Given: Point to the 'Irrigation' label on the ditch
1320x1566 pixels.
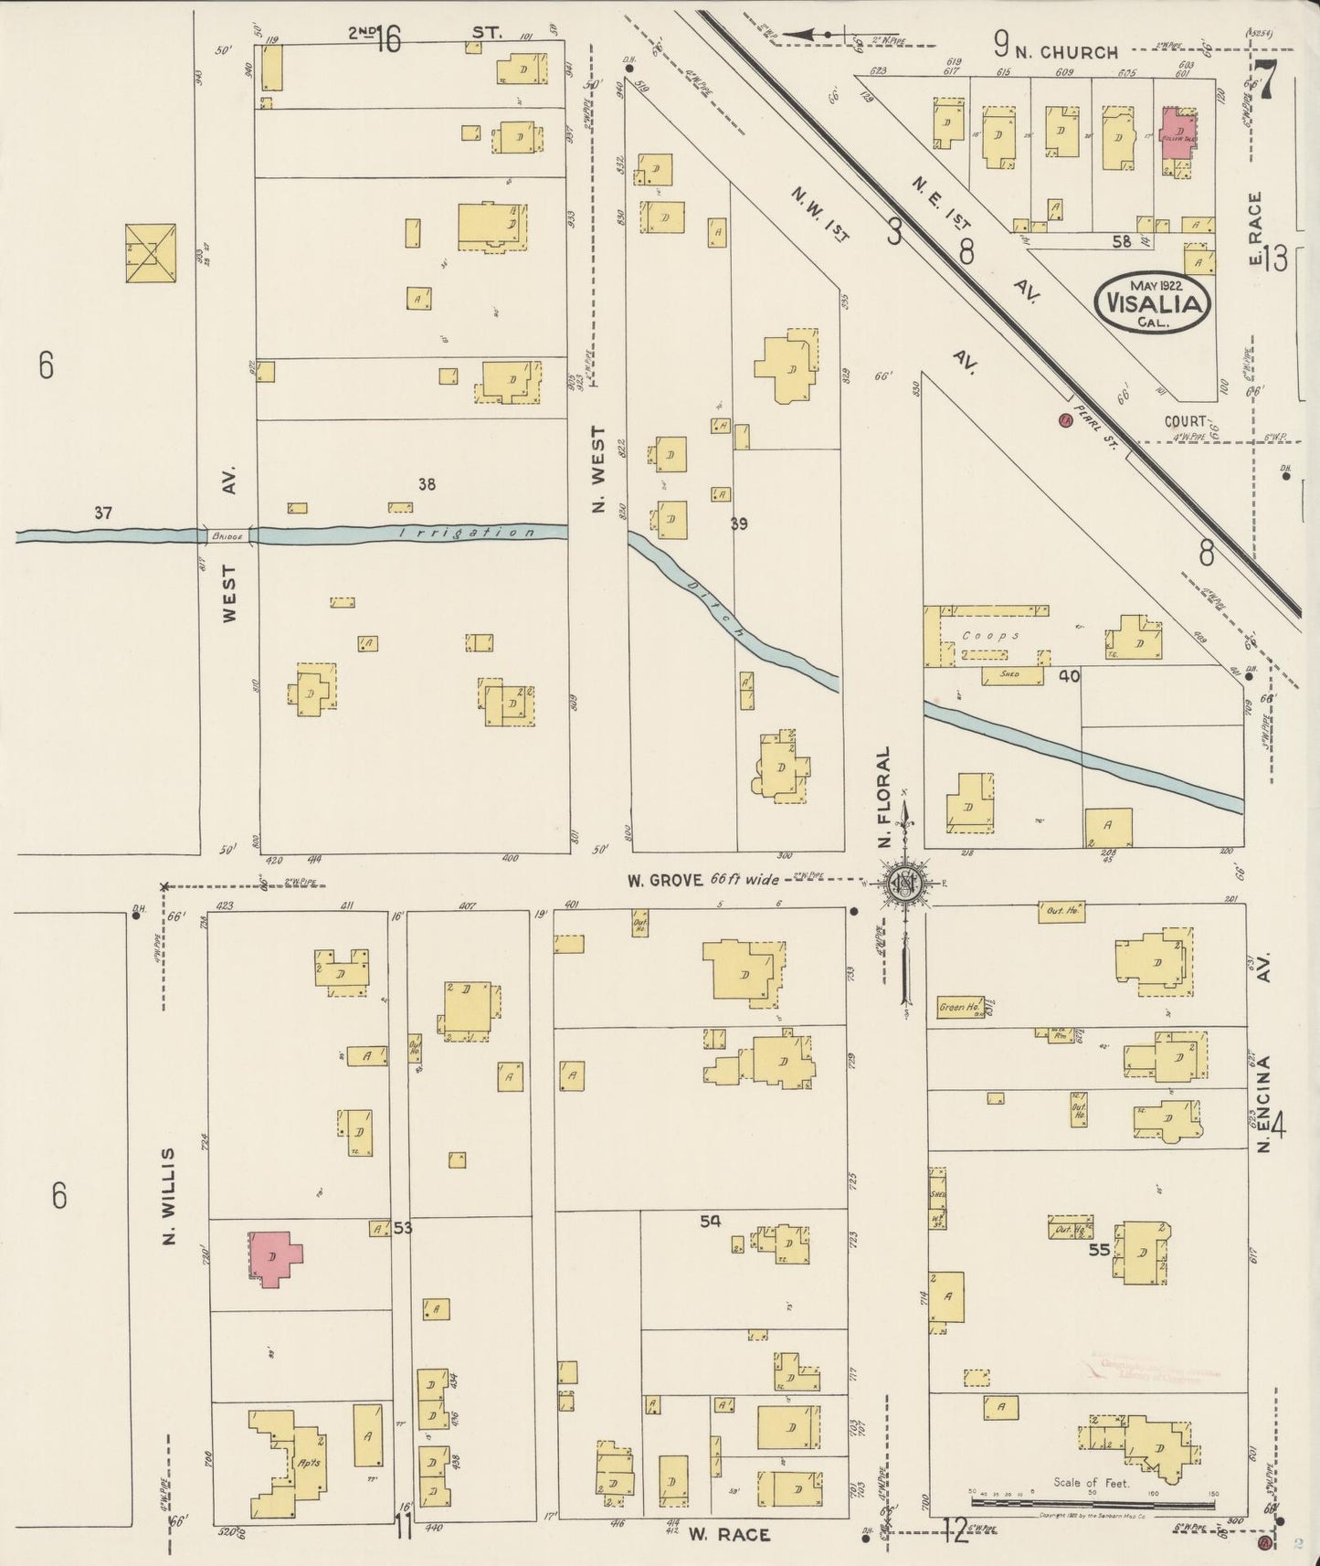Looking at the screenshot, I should tap(467, 533).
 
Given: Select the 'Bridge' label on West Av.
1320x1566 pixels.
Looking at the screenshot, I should tap(227, 536).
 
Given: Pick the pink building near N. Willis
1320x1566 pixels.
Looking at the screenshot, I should tap(273, 1257).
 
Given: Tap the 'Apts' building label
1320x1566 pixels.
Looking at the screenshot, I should tap(309, 1461).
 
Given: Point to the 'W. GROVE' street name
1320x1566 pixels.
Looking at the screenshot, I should tap(664, 881).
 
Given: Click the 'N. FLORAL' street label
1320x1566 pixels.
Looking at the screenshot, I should tap(884, 799).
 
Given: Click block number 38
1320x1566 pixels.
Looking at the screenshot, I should tap(427, 485).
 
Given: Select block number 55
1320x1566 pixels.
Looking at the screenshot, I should tap(1099, 1249).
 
